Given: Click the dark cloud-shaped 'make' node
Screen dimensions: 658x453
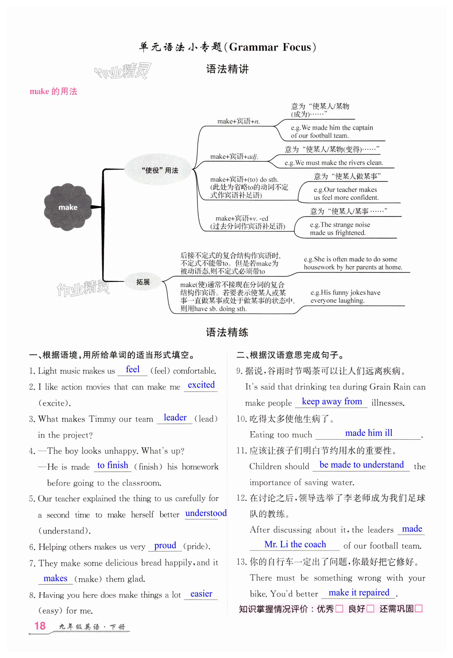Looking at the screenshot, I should (68, 207).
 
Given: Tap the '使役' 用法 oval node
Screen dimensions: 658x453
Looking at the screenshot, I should (160, 170).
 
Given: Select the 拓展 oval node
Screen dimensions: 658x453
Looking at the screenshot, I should (143, 282).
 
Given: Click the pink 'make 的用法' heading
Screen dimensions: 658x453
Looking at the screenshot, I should (53, 91).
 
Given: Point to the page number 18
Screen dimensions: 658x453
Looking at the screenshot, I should (40, 626).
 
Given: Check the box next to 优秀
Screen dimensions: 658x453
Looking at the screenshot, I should (339, 609).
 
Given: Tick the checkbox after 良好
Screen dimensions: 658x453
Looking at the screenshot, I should (370, 609).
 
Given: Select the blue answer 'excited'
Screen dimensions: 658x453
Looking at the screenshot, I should (201, 385).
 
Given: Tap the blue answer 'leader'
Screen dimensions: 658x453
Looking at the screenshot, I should (175, 417).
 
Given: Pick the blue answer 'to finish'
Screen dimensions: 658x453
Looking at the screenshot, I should (113, 465).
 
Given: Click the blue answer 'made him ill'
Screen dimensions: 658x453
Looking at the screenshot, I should (369, 433).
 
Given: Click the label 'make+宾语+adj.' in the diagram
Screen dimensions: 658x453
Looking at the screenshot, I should (234, 156).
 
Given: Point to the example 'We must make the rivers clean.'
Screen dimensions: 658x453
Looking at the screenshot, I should (334, 163).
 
